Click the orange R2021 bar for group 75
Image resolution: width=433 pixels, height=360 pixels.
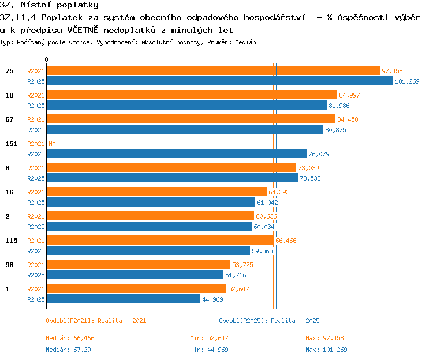click(x=214, y=70)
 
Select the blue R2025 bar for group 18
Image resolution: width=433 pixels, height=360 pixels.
click(x=187, y=105)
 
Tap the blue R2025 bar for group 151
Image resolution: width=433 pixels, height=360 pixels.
click(x=177, y=153)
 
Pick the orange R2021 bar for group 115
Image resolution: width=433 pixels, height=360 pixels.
click(x=160, y=240)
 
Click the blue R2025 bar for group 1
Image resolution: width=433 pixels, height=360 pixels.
click(x=124, y=299)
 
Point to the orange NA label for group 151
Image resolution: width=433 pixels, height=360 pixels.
click(x=52, y=144)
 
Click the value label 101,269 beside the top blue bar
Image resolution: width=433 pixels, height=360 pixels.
click(x=407, y=81)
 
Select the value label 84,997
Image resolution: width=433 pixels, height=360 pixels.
click(x=349, y=95)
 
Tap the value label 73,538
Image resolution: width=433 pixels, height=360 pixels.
click(x=310, y=178)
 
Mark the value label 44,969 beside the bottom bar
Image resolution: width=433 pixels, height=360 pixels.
click(x=212, y=299)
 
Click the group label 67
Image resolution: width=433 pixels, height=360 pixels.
click(x=9, y=119)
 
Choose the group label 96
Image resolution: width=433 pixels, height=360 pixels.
click(x=9, y=265)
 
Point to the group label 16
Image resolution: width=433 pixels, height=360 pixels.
click(x=9, y=192)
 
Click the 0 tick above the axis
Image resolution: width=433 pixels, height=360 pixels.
click(x=46, y=59)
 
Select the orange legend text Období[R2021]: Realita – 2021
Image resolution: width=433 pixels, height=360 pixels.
click(x=96, y=321)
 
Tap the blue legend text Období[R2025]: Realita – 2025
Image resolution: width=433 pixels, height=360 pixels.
click(x=269, y=321)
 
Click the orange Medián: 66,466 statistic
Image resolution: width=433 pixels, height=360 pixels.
click(x=70, y=338)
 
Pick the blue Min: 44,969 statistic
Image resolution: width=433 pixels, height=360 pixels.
click(x=209, y=350)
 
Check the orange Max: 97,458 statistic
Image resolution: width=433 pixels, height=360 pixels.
click(x=324, y=338)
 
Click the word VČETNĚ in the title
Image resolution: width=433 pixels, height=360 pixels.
click(x=83, y=30)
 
